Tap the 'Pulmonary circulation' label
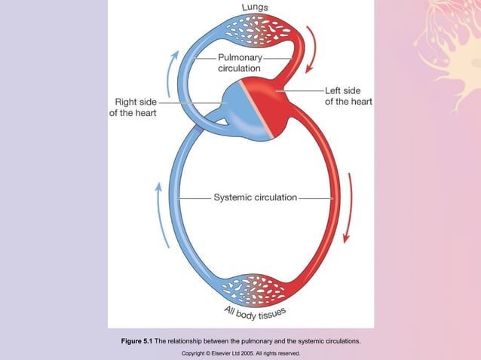pos(239,63)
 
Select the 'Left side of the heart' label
pos(348,95)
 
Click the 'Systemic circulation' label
pos(255,198)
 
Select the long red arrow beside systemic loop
pos(348,207)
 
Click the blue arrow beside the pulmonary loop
pos(173,67)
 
